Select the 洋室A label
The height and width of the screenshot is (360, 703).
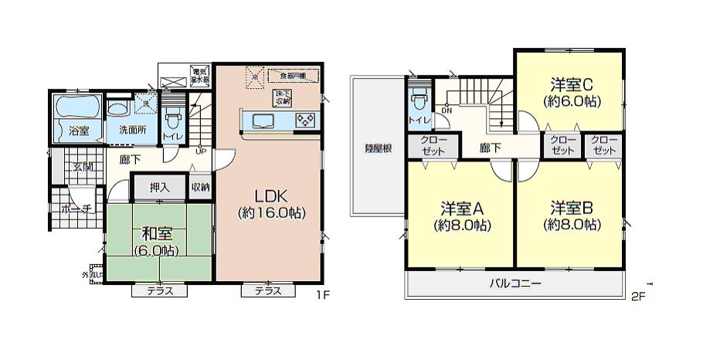[462, 209]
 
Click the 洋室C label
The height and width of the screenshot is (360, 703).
[571, 83]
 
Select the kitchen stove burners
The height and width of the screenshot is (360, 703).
[304, 121]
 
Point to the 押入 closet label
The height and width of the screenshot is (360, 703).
[158, 187]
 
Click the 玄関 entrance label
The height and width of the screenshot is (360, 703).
[82, 166]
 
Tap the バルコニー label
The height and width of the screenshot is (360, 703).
[515, 284]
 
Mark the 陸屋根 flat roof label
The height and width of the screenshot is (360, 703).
[377, 148]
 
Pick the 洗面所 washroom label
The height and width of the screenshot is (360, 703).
[132, 130]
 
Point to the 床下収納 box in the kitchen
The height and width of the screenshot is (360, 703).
[281, 97]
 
